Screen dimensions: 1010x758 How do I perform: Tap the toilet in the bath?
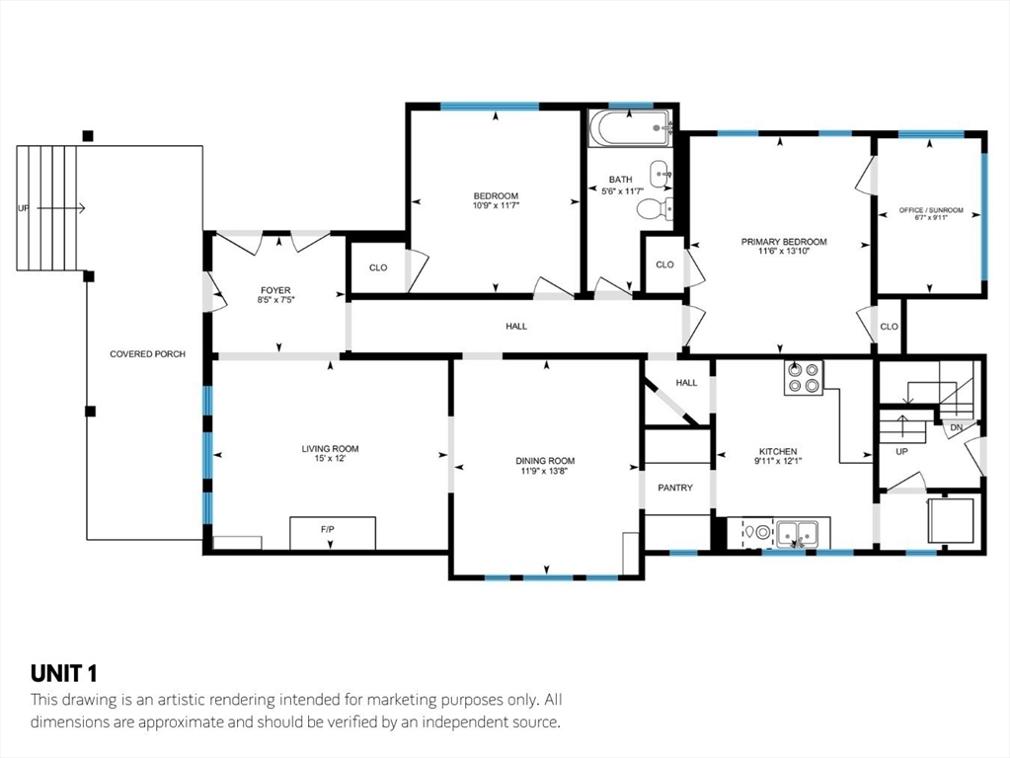(x=656, y=208)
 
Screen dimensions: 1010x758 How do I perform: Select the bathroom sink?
(x=660, y=174)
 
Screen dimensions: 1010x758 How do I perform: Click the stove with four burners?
(x=804, y=377)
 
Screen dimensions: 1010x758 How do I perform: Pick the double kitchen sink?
(x=797, y=533)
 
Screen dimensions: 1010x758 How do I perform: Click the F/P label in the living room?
(x=327, y=529)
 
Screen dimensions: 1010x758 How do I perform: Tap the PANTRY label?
(x=675, y=489)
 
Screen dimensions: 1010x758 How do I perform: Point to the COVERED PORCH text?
(x=147, y=354)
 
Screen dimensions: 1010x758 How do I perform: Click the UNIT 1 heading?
(x=64, y=674)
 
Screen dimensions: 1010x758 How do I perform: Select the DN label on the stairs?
(x=956, y=427)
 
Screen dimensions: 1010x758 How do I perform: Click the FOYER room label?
(x=275, y=290)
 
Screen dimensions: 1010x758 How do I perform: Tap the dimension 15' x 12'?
(x=331, y=459)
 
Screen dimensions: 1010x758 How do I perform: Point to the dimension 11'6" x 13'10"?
(x=784, y=251)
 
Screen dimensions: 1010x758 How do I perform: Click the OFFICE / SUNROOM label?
(x=931, y=210)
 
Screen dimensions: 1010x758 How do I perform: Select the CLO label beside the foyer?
(x=378, y=267)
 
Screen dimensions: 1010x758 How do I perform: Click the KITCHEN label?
(x=778, y=451)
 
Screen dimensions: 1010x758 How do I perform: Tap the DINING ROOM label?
(x=545, y=461)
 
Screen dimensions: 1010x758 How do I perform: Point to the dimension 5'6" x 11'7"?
(x=623, y=191)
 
